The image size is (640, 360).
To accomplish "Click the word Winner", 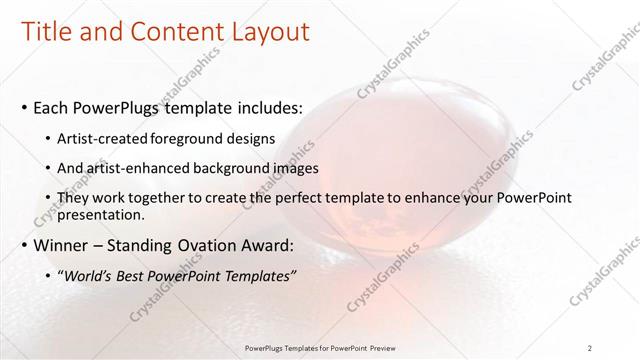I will pos(62,244).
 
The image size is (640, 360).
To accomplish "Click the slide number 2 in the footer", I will pos(590,347).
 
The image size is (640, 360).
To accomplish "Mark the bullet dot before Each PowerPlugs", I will pos(25,107).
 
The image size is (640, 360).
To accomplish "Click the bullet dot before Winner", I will pos(25,244).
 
